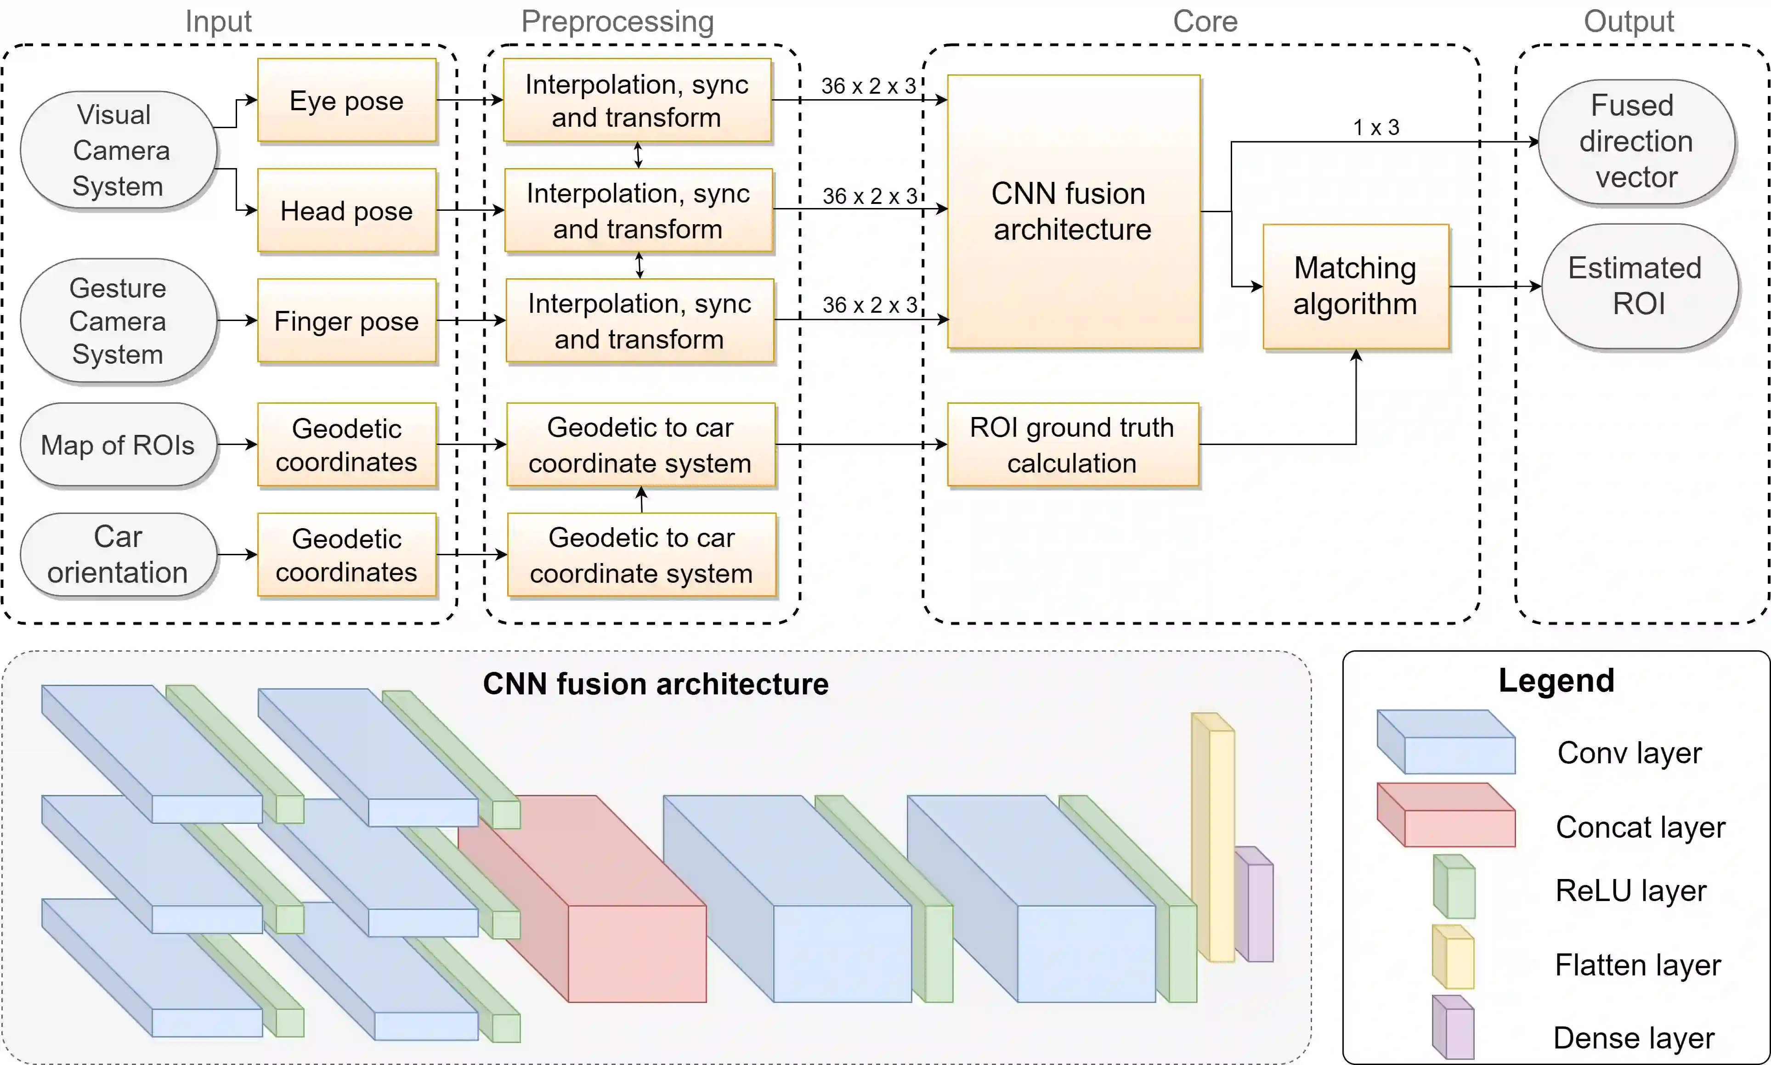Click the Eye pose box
click(347, 101)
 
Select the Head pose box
click(347, 210)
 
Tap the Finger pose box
click(347, 321)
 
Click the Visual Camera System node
click(119, 150)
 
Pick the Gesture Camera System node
click(119, 321)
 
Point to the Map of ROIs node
click(119, 445)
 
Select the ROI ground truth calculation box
click(1073, 445)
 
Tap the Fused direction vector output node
click(1636, 141)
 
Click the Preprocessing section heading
click(617, 22)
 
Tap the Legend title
click(1556, 680)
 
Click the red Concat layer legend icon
click(1446, 815)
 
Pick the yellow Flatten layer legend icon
click(1453, 957)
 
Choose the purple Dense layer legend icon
click(1453, 1027)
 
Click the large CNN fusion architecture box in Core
click(1073, 212)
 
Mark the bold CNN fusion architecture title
click(656, 684)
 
